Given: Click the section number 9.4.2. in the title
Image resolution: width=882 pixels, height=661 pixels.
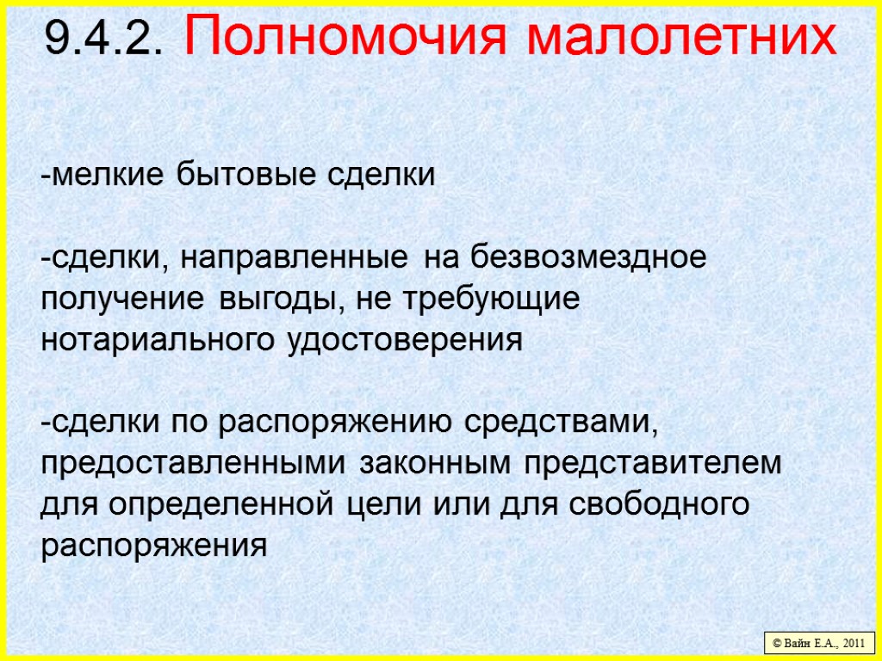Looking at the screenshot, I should click(102, 38).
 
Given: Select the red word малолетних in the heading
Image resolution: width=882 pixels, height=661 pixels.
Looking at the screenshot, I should click(680, 38).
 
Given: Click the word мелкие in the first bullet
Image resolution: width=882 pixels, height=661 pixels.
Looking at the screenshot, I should click(107, 176).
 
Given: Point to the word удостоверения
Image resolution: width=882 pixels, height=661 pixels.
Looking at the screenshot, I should click(403, 340).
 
